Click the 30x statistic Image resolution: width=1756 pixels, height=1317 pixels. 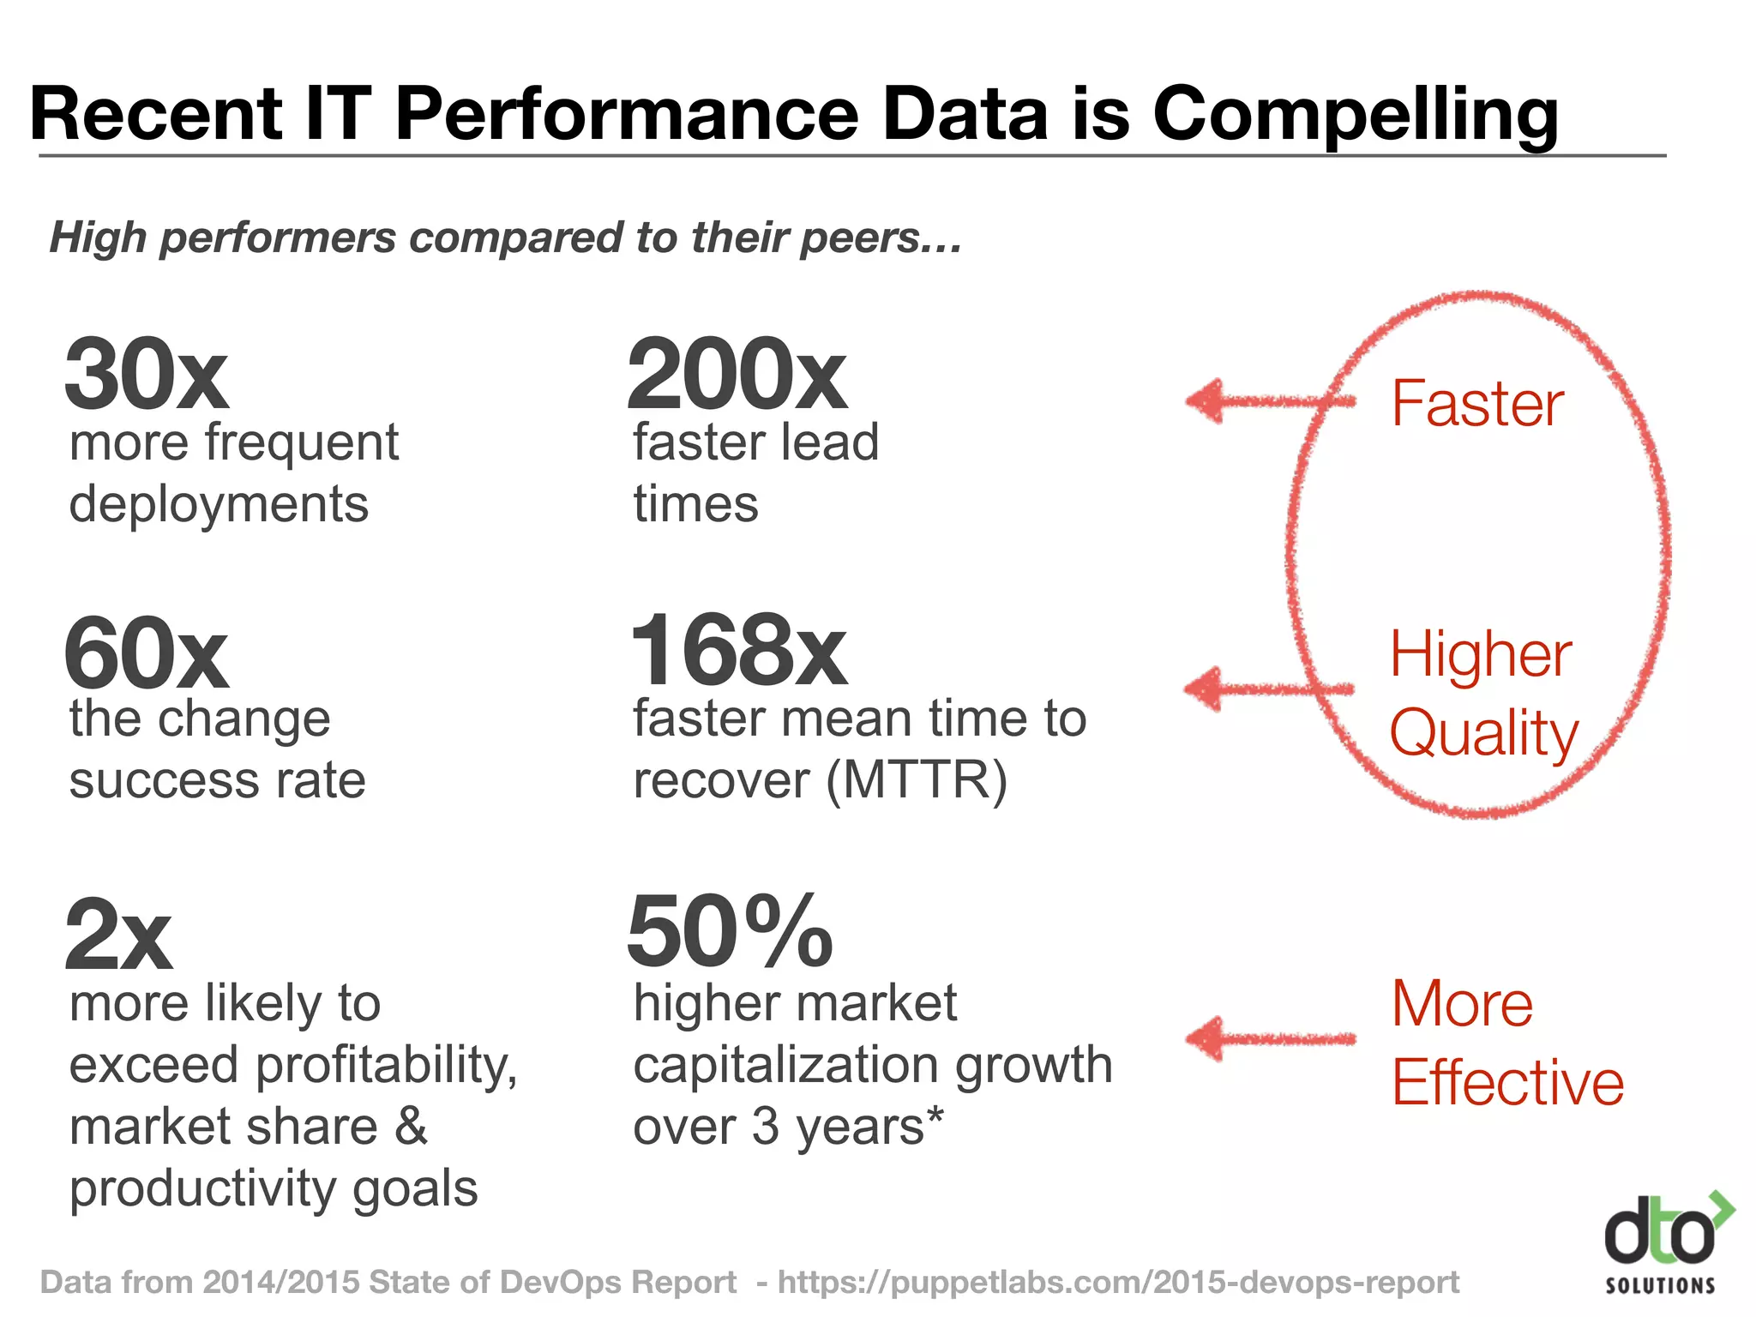pyautogui.click(x=146, y=376)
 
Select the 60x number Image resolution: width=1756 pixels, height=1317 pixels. pyautogui.click(x=146, y=653)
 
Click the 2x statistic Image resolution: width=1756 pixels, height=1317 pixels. pyautogui.click(x=118, y=935)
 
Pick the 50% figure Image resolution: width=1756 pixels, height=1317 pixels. pyautogui.click(x=730, y=931)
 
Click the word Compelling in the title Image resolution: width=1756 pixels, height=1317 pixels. pyautogui.click(x=1355, y=116)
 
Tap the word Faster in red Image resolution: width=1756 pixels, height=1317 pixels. pyautogui.click(x=1476, y=403)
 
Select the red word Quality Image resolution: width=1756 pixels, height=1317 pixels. pyautogui.click(x=1483, y=734)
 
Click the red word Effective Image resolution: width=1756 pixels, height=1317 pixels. pyautogui.click(x=1507, y=1082)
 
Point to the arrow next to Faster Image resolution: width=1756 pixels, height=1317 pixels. pyautogui.click(x=1269, y=400)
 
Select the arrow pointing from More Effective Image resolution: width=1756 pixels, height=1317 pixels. pyautogui.click(x=1269, y=1039)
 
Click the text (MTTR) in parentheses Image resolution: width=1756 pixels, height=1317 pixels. pyautogui.click(x=917, y=780)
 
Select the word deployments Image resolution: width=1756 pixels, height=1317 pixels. pyautogui.click(x=219, y=504)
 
